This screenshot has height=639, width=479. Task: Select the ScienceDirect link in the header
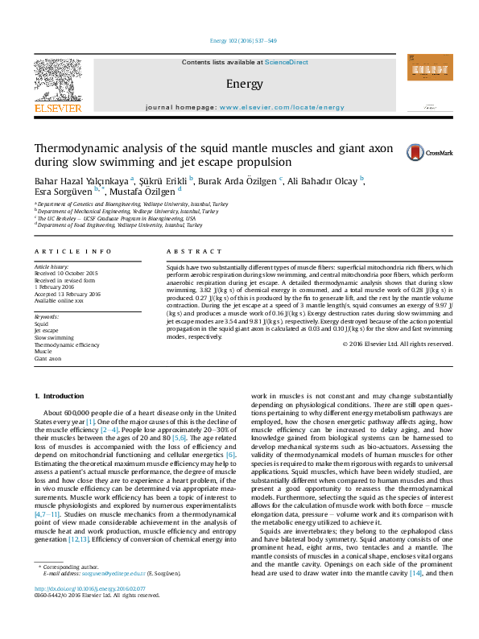287,62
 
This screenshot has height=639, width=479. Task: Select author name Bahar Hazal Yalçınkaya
81,179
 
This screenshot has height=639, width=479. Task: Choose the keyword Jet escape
45,331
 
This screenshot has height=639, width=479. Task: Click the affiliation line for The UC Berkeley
115,218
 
